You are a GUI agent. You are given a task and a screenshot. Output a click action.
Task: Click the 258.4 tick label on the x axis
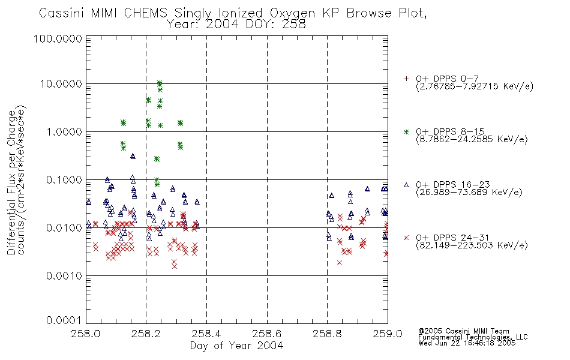207,334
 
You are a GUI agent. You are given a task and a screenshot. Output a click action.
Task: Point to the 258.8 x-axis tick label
327,334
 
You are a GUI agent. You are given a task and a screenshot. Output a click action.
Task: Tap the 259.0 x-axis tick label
388,334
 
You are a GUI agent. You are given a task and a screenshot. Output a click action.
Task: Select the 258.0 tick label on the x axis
86,334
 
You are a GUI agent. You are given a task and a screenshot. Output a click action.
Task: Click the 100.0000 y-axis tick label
58,38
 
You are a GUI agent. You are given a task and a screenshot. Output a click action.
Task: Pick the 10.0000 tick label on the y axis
61,84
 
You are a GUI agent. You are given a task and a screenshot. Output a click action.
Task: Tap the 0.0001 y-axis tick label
64,320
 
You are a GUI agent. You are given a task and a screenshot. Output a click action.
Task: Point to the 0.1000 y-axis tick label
64,180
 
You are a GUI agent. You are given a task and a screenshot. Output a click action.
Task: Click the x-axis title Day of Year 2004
236,346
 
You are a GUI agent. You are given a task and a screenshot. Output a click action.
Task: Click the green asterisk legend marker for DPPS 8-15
406,131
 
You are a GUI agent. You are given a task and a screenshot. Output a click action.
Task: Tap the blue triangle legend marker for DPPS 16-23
406,185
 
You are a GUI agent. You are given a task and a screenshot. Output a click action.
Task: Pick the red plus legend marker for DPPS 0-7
406,79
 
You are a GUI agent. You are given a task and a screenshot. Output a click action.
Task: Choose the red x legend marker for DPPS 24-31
406,238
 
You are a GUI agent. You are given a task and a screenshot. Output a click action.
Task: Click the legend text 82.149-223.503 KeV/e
472,245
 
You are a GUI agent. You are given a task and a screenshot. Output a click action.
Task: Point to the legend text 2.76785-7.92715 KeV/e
475,86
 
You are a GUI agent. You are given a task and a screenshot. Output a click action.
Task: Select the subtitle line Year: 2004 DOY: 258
236,25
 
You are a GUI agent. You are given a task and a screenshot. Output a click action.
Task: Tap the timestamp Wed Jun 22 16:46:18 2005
467,343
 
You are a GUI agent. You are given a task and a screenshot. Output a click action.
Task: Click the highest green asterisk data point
159,83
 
